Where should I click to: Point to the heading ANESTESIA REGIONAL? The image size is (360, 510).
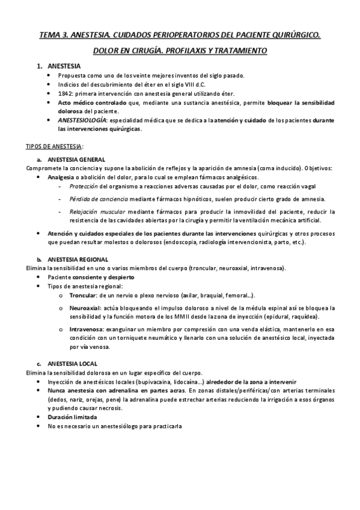click(x=78, y=259)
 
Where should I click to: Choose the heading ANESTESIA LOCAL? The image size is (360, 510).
click(x=72, y=364)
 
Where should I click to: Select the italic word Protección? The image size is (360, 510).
click(x=84, y=188)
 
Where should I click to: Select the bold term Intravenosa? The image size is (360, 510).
click(x=86, y=329)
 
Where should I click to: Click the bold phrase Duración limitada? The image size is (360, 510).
click(x=73, y=417)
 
